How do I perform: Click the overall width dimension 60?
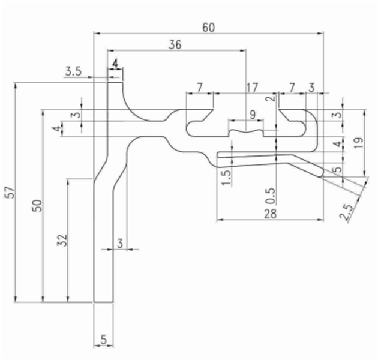(x=208, y=28)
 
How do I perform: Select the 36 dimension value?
(x=175, y=44)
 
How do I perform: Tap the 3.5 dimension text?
(x=73, y=71)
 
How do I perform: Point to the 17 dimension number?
(x=253, y=87)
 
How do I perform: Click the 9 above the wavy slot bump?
(x=251, y=113)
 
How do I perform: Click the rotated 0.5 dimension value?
(x=271, y=196)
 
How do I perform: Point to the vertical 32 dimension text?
(x=62, y=240)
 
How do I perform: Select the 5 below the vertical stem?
(x=103, y=340)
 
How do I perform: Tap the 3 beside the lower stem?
(x=119, y=243)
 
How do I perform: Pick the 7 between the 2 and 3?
(x=292, y=87)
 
